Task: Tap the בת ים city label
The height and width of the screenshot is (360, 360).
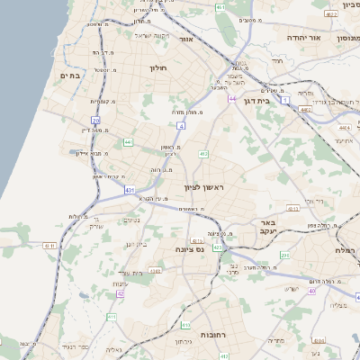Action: click(70, 76)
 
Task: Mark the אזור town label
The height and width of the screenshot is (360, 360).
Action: click(187, 40)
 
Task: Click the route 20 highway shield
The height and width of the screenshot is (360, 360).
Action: click(95, 120)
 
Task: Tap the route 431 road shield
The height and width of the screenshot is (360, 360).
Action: click(130, 191)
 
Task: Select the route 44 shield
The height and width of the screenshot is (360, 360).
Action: click(232, 98)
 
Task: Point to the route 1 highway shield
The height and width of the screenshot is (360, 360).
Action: click(285, 101)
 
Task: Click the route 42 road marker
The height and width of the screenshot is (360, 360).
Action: click(121, 293)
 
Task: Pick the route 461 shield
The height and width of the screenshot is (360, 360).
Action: click(221, 7)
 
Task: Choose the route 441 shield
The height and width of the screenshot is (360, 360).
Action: click(128, 142)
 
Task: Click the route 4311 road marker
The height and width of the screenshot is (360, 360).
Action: click(49, 245)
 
